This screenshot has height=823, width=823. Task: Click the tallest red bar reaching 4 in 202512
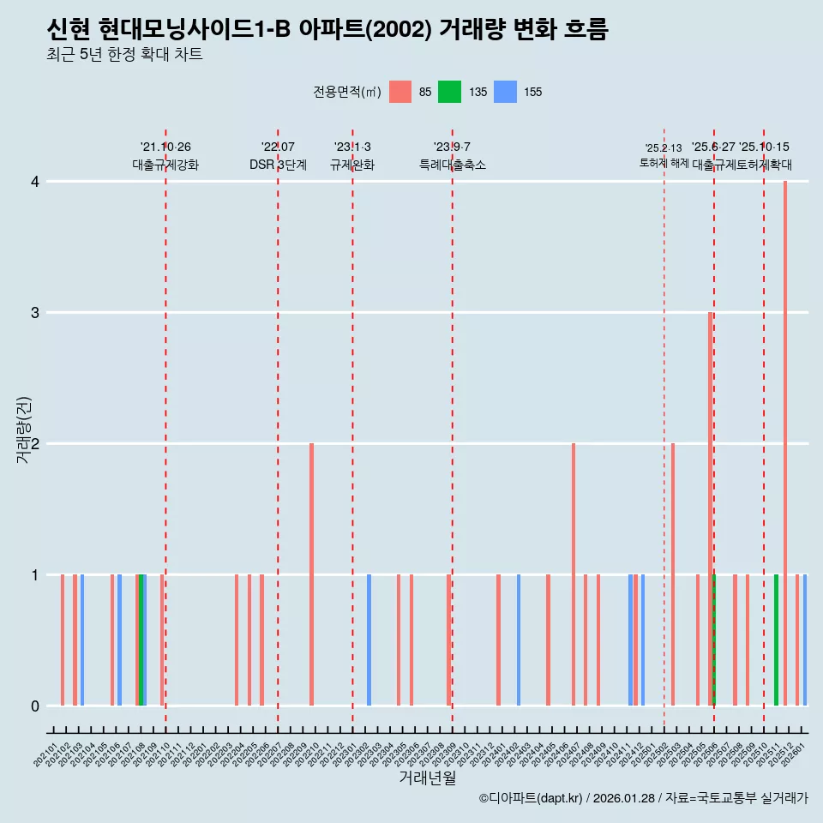click(x=785, y=443)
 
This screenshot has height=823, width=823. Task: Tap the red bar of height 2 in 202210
click(x=311, y=574)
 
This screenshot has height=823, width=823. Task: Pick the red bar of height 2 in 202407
click(x=574, y=574)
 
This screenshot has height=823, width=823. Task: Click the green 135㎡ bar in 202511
click(x=777, y=640)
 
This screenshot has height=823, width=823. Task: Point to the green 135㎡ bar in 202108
click(x=141, y=640)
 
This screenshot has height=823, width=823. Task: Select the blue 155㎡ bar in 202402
click(x=519, y=640)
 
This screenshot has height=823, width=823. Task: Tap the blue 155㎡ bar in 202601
click(x=805, y=640)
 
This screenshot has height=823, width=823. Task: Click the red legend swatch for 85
click(x=400, y=92)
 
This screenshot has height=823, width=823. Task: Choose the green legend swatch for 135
click(x=449, y=92)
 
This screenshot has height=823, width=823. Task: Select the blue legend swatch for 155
click(x=505, y=92)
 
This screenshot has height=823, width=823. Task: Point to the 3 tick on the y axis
click(x=35, y=313)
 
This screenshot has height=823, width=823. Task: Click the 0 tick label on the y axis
click(x=35, y=706)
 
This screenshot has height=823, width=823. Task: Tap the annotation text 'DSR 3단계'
click(x=278, y=165)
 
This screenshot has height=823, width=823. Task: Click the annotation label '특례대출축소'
click(x=452, y=165)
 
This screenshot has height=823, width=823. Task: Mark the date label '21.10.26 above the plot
click(x=165, y=147)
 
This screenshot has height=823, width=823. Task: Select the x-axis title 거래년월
click(x=427, y=778)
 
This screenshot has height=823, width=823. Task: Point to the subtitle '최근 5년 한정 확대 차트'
click(x=124, y=55)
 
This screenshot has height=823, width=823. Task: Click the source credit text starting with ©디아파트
click(x=643, y=798)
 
